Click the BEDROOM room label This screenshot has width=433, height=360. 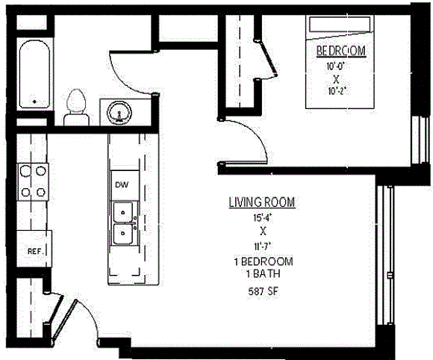[341, 51]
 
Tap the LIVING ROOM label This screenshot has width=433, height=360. [262, 202]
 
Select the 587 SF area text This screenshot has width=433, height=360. [263, 291]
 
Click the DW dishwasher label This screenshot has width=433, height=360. [122, 184]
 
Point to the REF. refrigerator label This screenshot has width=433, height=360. [36, 252]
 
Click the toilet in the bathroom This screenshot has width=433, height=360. [76, 108]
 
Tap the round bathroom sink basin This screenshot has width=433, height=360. [119, 113]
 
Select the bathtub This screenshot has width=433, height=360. [35, 75]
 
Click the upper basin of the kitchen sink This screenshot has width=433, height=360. [123, 212]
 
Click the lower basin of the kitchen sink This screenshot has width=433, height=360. [123, 234]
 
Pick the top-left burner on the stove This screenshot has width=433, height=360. [25, 171]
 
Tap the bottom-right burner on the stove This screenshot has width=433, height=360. [41, 192]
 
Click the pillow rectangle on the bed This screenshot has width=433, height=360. [340, 25]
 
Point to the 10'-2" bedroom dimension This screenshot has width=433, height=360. [337, 91]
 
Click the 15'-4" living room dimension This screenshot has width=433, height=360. [263, 217]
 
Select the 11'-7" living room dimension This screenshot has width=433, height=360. [264, 246]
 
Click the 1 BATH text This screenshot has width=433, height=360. [264, 274]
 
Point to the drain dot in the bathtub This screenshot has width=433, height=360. [34, 102]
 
